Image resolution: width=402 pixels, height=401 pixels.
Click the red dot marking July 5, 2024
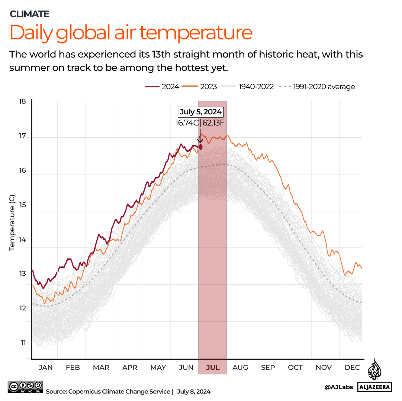coord(200,147)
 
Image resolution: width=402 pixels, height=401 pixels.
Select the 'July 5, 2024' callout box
coord(200,112)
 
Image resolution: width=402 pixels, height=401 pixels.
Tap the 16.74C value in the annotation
coord(187,123)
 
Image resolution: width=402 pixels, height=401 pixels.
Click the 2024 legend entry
coord(162,87)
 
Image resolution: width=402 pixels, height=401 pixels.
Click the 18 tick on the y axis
coord(23,101)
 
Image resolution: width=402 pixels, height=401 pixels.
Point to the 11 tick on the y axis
coord(23,343)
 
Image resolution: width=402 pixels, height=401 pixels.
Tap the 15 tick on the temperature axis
coord(23,205)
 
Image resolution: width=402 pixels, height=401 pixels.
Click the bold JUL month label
coord(213,368)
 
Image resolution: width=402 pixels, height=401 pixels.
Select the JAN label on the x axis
coord(46,368)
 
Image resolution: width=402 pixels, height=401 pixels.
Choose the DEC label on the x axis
coord(352,368)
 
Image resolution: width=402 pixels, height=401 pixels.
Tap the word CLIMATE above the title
coord(29,14)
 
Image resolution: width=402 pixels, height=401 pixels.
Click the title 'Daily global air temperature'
coord(131,33)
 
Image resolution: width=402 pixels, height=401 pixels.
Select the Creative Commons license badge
coord(26,387)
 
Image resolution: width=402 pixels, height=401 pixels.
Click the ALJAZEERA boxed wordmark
coord(374,387)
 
